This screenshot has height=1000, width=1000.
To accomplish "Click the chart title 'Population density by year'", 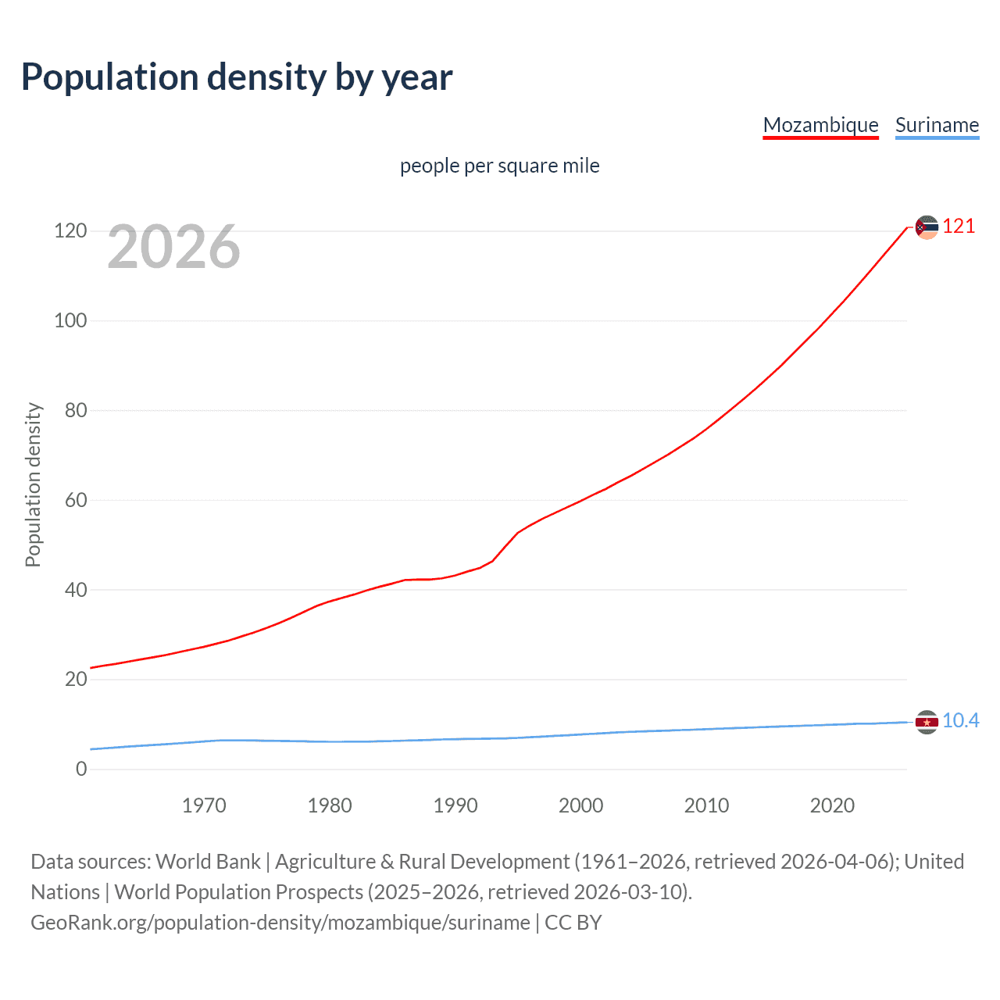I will pos(237,77).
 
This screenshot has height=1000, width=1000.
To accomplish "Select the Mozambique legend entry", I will pos(820,125).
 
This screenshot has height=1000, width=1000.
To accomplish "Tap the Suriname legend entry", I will pos(937,125).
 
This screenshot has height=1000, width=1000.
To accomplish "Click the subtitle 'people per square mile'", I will pos(499,166).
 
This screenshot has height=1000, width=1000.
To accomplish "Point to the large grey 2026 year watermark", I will pos(173,247).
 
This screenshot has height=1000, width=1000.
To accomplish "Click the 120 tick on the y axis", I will pos(70,231).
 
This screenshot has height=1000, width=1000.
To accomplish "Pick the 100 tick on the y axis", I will pos(70,320).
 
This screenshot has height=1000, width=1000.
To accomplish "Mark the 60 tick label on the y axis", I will pos(75,500).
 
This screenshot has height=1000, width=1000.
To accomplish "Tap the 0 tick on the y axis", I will pos(81,769).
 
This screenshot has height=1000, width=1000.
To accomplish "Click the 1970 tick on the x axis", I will pos(204,805).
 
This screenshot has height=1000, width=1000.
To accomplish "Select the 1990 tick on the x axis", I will pos(455,805).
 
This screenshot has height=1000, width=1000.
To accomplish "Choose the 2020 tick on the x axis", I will pos(832,805).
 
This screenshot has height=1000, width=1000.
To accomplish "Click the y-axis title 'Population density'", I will pos(33,484).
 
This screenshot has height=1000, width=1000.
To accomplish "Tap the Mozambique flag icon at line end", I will pos(927,227).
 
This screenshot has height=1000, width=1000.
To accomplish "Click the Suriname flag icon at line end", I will pos(927,722).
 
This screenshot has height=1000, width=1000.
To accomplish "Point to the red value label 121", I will pos(959,227).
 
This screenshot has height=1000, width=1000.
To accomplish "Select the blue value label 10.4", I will pos(960,720).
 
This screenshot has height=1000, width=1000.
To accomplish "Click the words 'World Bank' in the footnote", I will pos(208,862).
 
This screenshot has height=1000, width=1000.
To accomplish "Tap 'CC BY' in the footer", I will pos(573,923).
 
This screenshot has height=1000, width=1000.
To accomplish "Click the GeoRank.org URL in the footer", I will pos(280,923).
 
